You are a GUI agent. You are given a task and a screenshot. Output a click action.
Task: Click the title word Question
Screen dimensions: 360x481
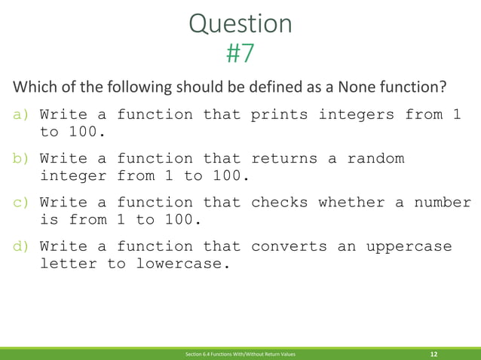click(240, 24)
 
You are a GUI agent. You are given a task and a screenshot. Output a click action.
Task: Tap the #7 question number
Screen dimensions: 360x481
click(240, 53)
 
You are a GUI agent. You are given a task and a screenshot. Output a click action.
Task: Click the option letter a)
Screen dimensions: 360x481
click(20, 115)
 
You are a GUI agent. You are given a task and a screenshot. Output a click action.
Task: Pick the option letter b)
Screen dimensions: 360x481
click(20, 159)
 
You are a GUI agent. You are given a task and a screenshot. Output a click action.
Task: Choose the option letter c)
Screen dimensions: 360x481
click(20, 203)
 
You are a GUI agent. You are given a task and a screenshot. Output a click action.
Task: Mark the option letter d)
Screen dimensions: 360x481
click(20, 246)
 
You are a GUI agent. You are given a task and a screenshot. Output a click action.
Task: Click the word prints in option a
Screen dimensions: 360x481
click(279, 115)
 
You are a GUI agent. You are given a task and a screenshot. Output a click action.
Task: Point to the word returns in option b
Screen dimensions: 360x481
click(289, 159)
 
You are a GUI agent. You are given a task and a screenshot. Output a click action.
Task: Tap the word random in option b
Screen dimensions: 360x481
click(375, 159)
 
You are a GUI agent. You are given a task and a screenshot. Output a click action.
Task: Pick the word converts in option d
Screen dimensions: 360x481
click(289, 246)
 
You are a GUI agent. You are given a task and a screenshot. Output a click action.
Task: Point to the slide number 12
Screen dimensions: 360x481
click(434, 353)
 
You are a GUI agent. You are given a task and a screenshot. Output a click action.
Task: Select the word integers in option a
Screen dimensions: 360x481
click(357, 115)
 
